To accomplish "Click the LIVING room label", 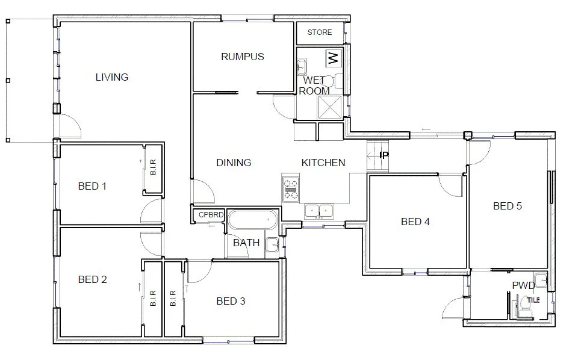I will pos(112,77).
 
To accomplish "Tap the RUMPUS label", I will pos(242,57).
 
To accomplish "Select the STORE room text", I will pos(319,33).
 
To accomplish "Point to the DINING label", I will pos(233,163).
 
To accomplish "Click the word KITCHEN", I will pos(323,163).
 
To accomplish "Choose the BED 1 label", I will pos(92,186).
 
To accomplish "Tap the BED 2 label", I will pos(92,279).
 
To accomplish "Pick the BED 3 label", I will pos(230,301).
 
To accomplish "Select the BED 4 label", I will pos(415,222).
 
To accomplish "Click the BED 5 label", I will pos(507,206).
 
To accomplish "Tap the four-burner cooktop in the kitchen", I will pos(291,188).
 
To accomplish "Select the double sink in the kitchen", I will pos(320,211).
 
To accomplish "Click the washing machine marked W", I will pos(332,58).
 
